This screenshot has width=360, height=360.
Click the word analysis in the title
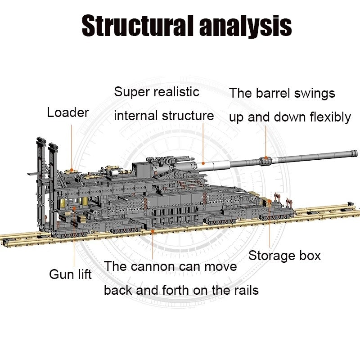coord(243,26)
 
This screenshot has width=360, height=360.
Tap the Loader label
coord(68,112)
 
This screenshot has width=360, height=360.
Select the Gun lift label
coord(70,274)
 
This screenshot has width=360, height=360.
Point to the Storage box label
coord(284,256)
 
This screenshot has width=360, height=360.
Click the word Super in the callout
coord(131,92)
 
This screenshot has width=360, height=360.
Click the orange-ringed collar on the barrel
coord(265,159)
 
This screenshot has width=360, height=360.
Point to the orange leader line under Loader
coord(71,144)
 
